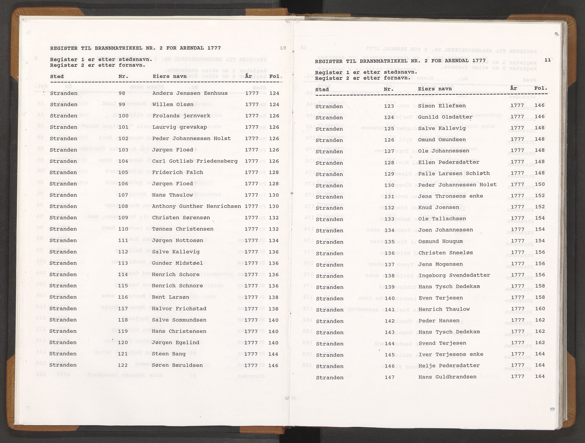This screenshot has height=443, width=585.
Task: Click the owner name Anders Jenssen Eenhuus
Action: (190, 93)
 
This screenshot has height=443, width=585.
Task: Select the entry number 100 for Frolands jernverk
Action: (123, 116)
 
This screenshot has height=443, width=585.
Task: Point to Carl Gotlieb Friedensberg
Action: (195, 161)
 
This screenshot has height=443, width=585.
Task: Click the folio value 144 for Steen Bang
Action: (274, 354)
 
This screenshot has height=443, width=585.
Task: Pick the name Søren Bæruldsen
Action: (177, 365)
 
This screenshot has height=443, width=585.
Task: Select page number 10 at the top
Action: (283, 48)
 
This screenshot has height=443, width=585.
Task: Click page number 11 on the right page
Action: (548, 60)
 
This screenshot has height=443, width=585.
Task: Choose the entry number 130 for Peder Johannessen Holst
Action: (390, 185)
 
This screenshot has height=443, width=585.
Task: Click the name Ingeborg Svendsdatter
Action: (454, 275)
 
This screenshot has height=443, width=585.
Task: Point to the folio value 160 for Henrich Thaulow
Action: (540, 309)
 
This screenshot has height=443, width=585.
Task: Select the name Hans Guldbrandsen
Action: (447, 377)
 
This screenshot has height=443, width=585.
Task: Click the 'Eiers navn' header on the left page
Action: (170, 76)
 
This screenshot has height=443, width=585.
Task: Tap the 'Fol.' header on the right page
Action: (541, 88)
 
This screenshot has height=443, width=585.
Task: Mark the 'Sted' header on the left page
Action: (57, 76)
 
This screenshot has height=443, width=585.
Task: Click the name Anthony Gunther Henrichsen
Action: (196, 206)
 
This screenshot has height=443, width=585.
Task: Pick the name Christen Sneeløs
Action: (446, 253)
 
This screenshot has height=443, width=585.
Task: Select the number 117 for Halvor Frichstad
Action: (123, 309)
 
